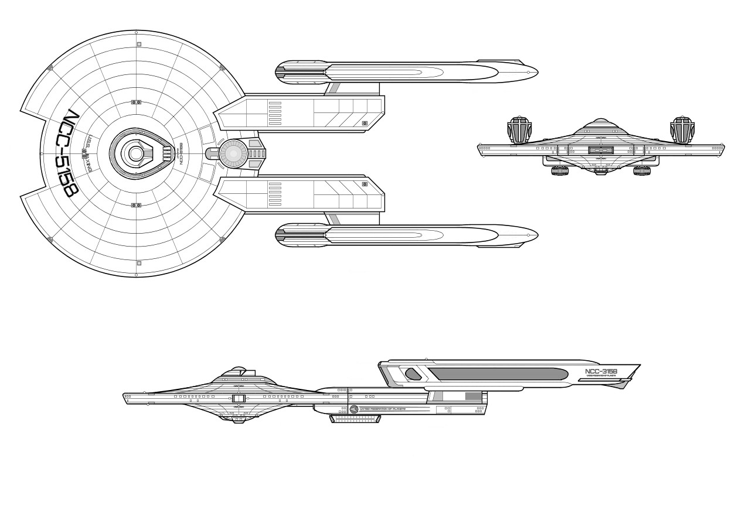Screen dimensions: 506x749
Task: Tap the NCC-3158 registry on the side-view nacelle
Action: pos(601,371)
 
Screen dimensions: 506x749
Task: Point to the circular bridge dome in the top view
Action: pos(136,153)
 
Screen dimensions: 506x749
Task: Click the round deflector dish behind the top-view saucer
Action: pos(232,153)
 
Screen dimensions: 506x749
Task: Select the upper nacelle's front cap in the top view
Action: pos(283,73)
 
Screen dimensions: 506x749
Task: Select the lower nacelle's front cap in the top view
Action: pos(283,235)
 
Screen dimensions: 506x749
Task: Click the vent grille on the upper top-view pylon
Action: pos(275,111)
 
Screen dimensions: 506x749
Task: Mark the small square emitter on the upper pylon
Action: pos(365,124)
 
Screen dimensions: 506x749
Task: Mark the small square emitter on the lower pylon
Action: pos(365,184)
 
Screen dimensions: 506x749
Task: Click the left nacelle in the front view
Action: pos(519,129)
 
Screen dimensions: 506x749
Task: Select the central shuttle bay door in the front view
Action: pos(601,151)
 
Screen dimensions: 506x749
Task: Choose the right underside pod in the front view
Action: pos(642,172)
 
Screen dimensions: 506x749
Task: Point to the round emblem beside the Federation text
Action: pos(354,408)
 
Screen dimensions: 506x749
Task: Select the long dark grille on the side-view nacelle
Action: pos(498,374)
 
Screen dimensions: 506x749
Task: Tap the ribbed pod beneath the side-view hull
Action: pos(356,419)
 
